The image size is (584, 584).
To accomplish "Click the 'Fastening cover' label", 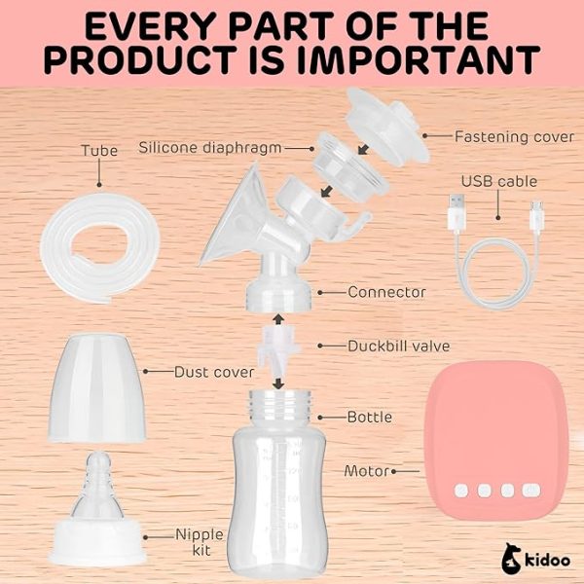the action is [514, 137].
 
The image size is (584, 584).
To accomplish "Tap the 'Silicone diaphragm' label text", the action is [210, 148].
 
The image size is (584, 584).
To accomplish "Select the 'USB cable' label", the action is [499, 181].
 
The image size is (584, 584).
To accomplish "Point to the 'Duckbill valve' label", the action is [398, 346].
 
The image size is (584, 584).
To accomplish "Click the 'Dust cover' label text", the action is [214, 372].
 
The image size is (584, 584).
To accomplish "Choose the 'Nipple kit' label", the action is [200, 542].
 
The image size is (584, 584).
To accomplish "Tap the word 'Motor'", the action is [367, 471].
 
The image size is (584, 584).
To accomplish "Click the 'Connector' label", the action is [386, 292].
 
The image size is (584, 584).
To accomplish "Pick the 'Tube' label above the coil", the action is [99, 151].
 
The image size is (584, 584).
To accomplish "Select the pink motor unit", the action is [495, 440].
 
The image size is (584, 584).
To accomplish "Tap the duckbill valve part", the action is [279, 350].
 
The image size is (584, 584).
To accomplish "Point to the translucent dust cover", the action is [96, 387].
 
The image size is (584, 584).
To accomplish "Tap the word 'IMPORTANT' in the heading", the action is [419, 59].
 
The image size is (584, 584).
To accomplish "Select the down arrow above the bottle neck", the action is [278, 383].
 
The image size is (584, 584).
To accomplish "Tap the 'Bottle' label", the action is [370, 418].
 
